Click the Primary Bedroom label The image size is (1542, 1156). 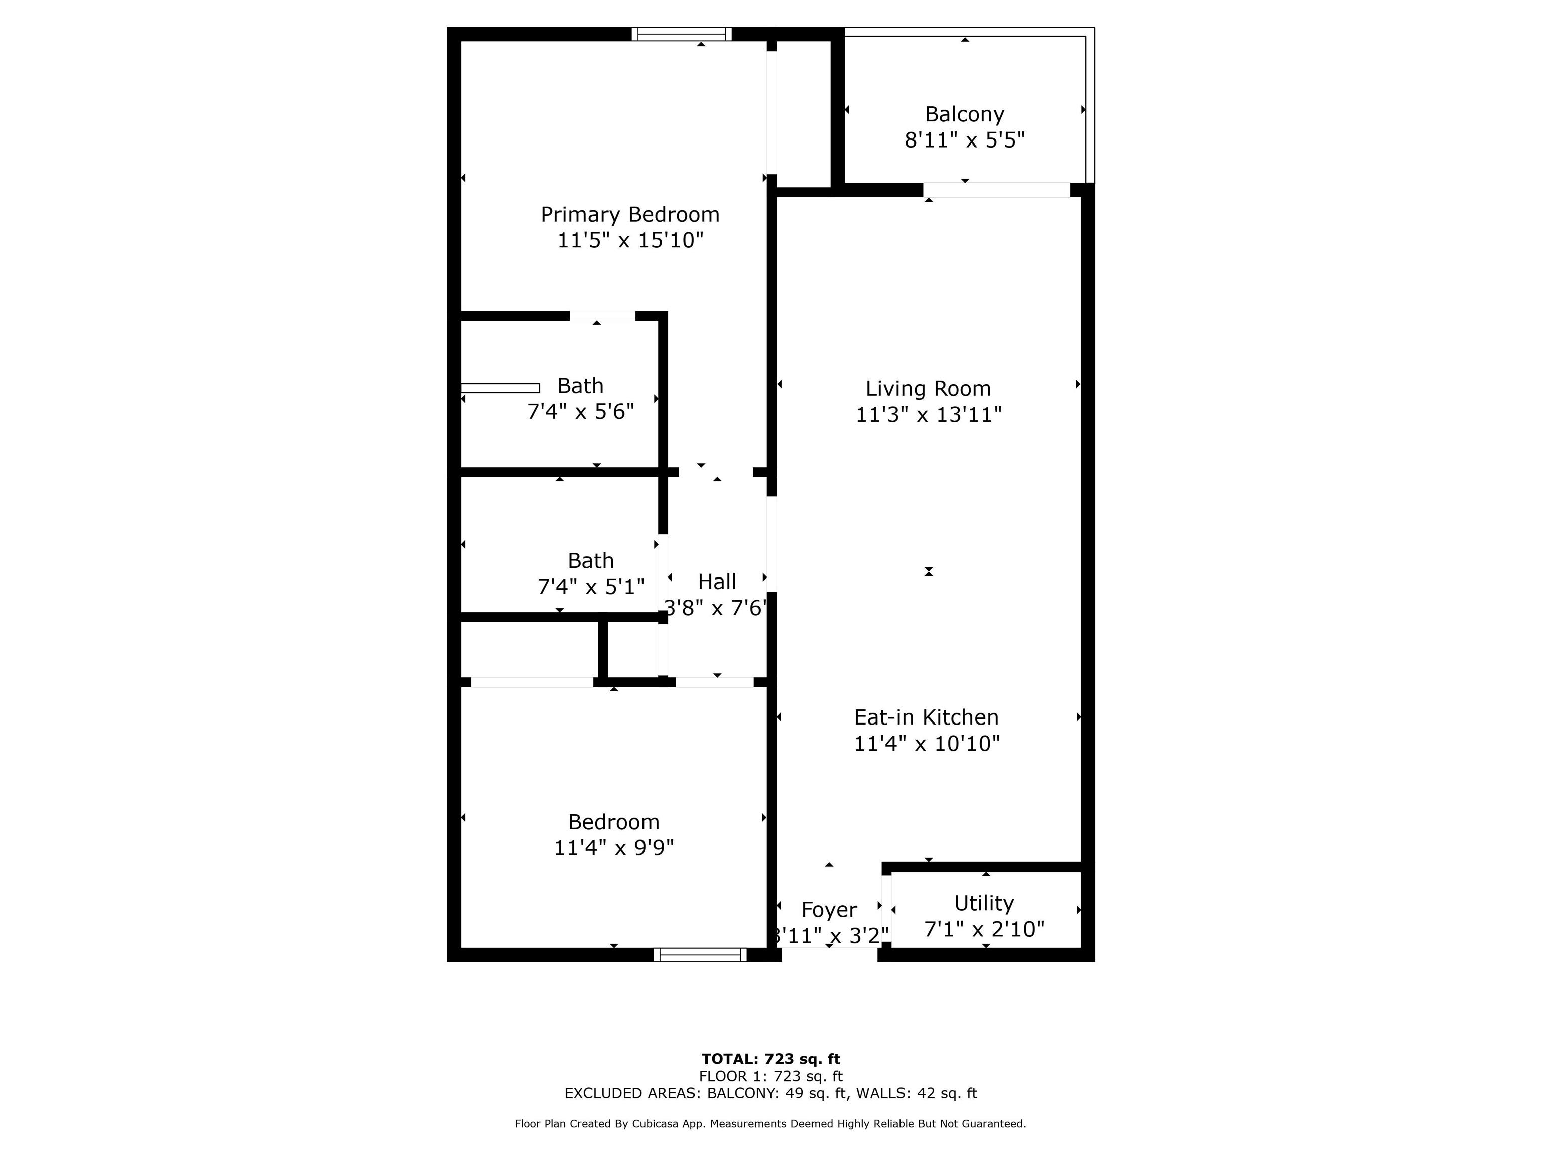point(629,215)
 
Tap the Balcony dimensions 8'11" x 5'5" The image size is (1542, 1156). point(965,140)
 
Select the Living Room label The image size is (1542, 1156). point(928,388)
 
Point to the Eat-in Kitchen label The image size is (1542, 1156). point(927,717)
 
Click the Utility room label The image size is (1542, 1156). point(984,903)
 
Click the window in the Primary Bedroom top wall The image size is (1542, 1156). point(681,34)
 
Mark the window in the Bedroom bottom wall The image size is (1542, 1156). point(700,955)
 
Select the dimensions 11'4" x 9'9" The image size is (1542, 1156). point(613,848)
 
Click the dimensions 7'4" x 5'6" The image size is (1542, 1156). point(580,412)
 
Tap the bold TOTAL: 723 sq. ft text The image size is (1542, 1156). point(770,1059)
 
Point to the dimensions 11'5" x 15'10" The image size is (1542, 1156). point(630,240)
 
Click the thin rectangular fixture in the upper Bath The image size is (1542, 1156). point(500,388)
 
